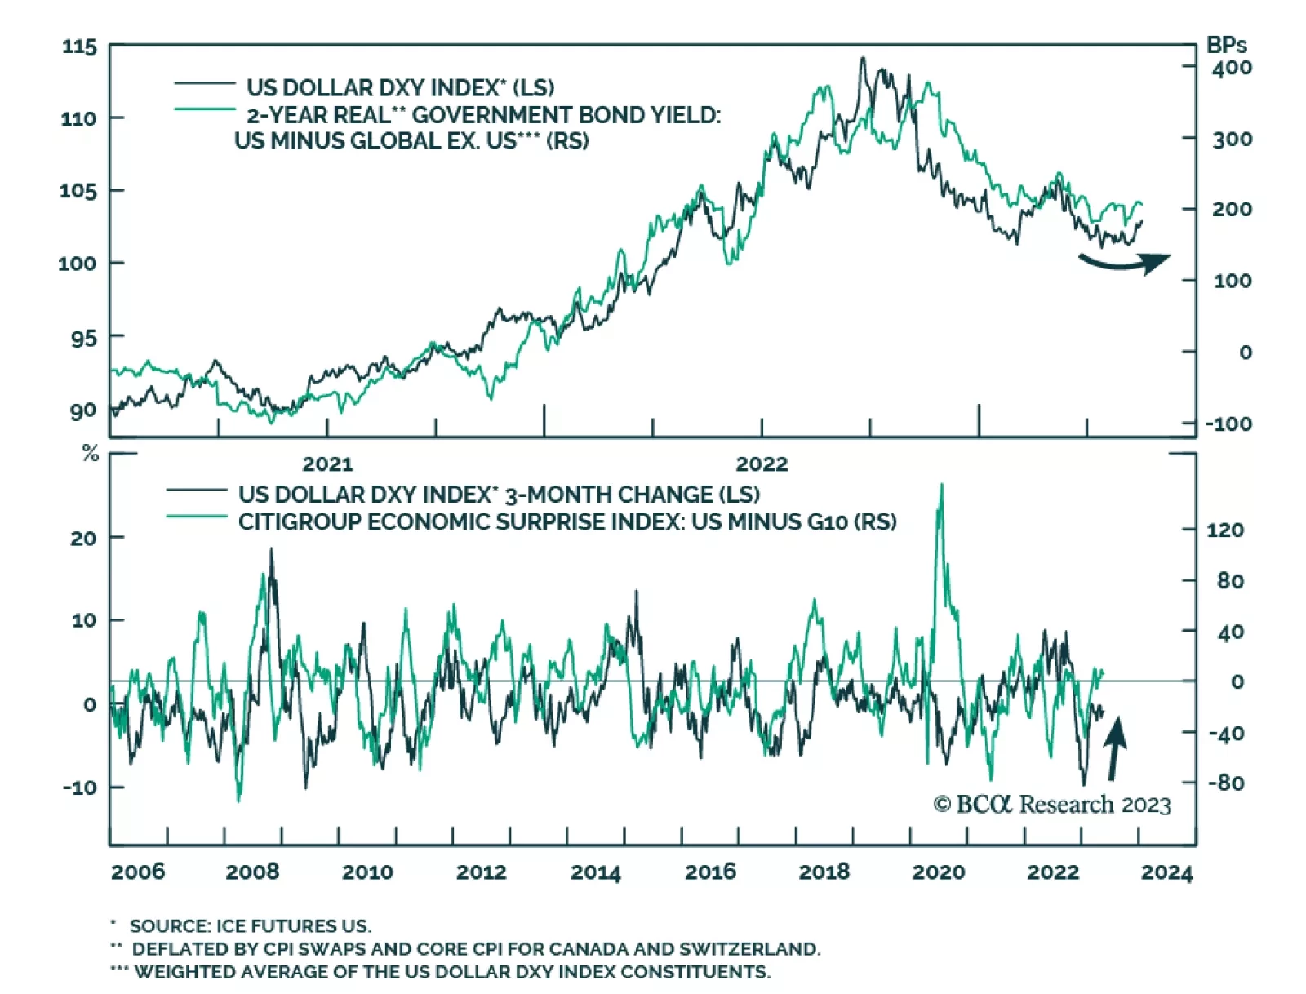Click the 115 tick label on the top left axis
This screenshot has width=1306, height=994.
tap(79, 47)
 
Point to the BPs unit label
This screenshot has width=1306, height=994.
tap(1226, 46)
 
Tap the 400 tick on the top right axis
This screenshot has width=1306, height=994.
tap(1232, 68)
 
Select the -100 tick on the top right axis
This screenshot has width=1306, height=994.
tap(1228, 424)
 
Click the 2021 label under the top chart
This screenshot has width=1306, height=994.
tap(327, 464)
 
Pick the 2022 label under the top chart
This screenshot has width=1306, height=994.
tap(762, 464)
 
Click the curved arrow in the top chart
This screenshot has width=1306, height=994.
tap(1125, 262)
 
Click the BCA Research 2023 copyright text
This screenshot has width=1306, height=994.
tap(1052, 805)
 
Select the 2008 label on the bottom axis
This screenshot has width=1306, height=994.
tap(252, 872)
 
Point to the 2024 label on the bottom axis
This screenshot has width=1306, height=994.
tap(1166, 872)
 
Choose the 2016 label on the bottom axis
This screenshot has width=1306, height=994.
tap(710, 872)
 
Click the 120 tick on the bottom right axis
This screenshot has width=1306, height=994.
tap(1225, 530)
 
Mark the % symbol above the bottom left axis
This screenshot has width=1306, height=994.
tap(91, 454)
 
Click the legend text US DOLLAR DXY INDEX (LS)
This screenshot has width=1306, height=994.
tap(400, 87)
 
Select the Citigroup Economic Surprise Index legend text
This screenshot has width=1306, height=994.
tap(566, 521)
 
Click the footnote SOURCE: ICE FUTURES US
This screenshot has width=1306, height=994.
tap(250, 925)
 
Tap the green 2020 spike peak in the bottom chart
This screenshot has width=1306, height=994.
tap(941, 486)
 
